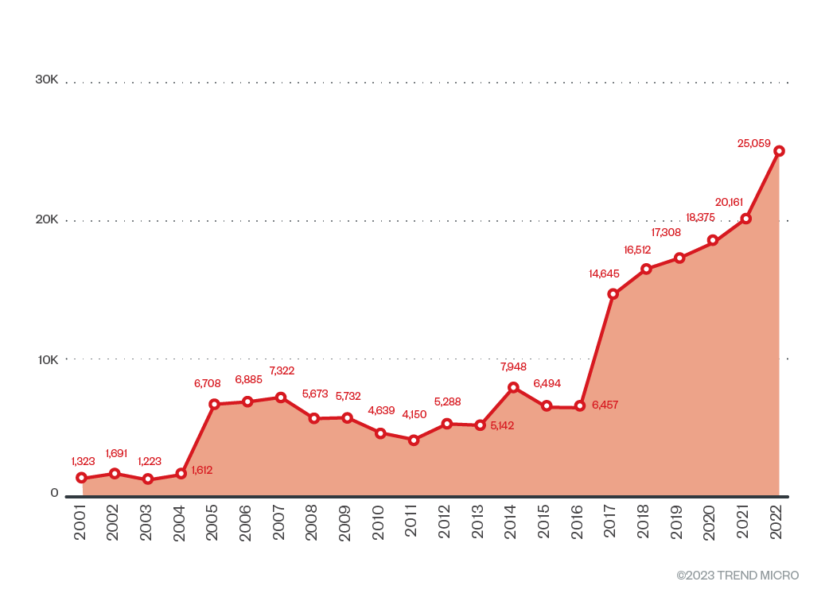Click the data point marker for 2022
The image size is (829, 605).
[780, 151]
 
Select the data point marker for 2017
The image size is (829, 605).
[613, 294]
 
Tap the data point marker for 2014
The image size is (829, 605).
[513, 387]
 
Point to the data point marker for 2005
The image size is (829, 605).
[214, 404]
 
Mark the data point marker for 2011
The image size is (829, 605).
[414, 440]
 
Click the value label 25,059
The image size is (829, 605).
[754, 144]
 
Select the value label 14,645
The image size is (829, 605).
[604, 274]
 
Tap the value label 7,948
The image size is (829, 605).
[514, 367]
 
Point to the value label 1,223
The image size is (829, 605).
[150, 462]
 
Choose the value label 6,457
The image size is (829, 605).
[605, 405]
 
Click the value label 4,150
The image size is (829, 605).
[414, 414]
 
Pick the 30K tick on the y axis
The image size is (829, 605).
[47, 80]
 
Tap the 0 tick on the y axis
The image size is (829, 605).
[55, 493]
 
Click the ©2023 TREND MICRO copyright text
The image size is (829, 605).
[738, 576]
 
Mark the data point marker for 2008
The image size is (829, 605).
[314, 418]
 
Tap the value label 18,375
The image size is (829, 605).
[703, 218]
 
